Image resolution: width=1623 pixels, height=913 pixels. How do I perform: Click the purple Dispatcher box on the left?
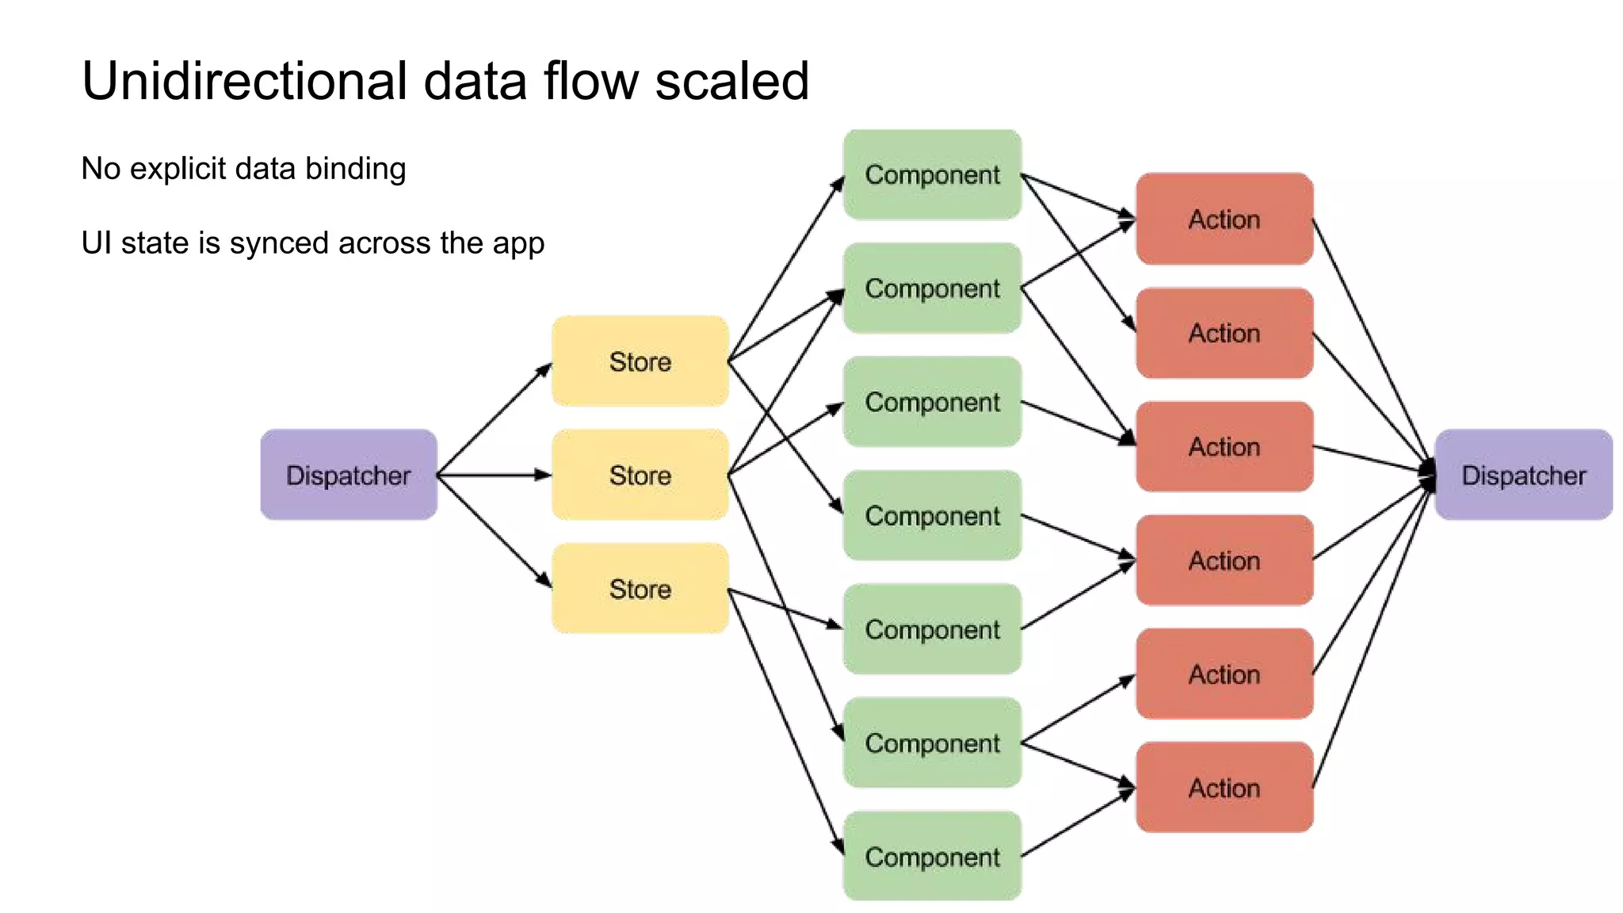click(x=349, y=475)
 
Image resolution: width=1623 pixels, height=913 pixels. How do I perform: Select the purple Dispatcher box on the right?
click(x=1523, y=475)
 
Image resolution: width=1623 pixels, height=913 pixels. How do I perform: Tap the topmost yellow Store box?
click(x=640, y=361)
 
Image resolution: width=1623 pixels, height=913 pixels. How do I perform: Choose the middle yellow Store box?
click(x=640, y=475)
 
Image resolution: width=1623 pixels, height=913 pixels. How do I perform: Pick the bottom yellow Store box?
click(x=640, y=588)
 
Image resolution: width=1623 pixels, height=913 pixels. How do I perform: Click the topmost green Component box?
click(x=932, y=174)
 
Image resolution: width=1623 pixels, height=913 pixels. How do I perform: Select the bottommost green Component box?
click(x=932, y=856)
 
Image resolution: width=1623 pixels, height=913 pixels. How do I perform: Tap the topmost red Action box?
click(x=1224, y=219)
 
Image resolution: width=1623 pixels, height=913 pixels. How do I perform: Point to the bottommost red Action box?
click(x=1224, y=787)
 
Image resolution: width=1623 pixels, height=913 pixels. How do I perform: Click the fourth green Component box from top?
click(x=932, y=515)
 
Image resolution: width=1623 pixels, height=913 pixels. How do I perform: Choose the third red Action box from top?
click(x=1224, y=446)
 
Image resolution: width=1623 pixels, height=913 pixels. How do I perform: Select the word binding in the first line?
click(x=356, y=169)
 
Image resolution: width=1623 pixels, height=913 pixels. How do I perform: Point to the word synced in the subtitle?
click(x=277, y=243)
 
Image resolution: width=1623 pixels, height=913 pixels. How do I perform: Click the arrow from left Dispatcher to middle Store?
click(x=491, y=475)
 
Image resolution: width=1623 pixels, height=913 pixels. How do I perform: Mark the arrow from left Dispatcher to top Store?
click(x=493, y=419)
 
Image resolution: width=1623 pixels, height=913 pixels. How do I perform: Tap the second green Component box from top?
click(x=932, y=288)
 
